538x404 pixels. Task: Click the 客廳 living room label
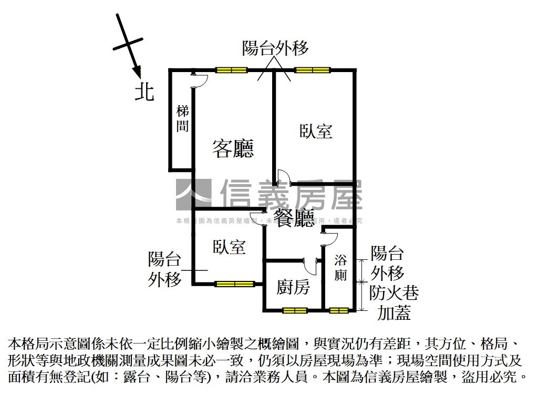(x=233, y=149)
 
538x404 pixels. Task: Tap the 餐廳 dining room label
(x=294, y=218)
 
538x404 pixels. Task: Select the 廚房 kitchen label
(x=293, y=287)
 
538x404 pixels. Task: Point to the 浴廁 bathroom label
(x=340, y=267)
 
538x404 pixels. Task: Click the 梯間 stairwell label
(x=182, y=119)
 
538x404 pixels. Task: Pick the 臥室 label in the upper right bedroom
(x=316, y=131)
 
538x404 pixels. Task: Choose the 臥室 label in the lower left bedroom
(x=229, y=247)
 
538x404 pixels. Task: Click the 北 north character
(x=144, y=92)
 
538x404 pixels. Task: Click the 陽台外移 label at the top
(x=275, y=48)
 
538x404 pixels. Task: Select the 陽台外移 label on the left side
(x=164, y=269)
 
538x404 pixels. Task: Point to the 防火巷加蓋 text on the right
(x=394, y=302)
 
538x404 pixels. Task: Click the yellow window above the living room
(x=231, y=70)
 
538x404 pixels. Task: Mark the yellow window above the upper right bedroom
(x=312, y=70)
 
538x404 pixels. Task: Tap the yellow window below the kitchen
(x=294, y=310)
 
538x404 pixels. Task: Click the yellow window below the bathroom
(x=339, y=310)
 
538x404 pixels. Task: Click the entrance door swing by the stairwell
(x=200, y=80)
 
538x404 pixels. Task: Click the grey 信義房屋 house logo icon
(x=193, y=196)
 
